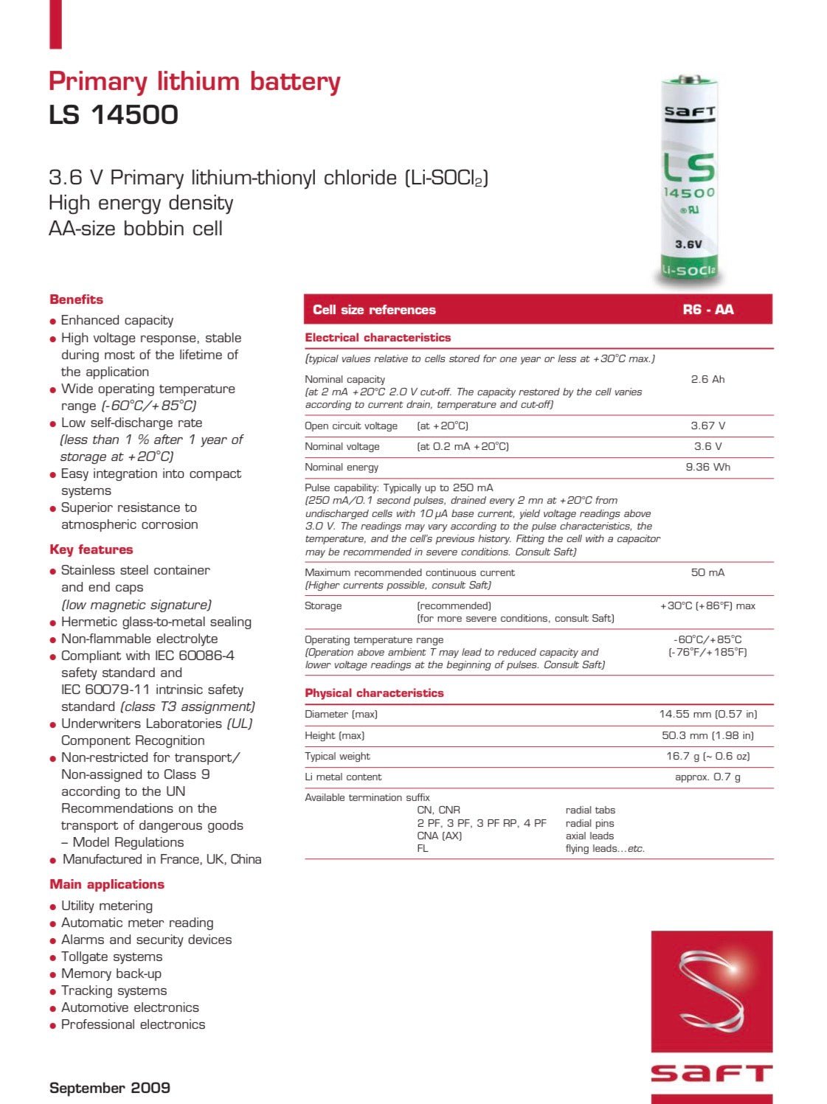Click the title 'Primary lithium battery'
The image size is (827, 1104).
(194, 81)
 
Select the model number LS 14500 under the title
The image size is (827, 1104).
(114, 115)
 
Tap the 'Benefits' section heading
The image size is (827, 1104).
(76, 299)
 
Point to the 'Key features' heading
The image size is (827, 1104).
(91, 549)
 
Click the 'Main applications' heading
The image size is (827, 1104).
(106, 884)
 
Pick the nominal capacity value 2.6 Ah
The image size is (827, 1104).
(707, 379)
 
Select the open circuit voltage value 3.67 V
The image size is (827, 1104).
(707, 426)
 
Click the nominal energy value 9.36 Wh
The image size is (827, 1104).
(707, 467)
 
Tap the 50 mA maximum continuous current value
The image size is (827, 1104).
(707, 572)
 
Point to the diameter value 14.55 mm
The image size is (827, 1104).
(707, 714)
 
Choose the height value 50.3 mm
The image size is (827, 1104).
(707, 735)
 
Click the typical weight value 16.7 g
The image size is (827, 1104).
(707, 756)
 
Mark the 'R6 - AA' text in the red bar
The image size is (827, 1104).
(707, 310)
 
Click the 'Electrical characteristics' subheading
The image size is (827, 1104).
(378, 338)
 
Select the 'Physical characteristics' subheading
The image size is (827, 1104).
(374, 693)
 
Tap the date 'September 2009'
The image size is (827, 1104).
(109, 1088)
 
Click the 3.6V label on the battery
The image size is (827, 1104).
(688, 244)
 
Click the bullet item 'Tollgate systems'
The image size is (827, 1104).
(111, 957)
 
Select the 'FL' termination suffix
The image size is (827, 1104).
(423, 848)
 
